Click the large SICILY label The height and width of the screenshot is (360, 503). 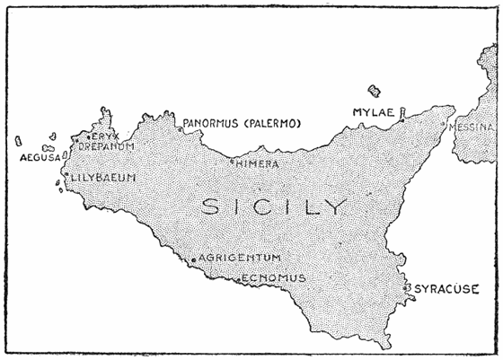pos(274,206)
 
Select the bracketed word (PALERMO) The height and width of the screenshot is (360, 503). pos(275,123)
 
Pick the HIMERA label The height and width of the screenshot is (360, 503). pos(258,164)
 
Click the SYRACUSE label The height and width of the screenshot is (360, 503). pos(446,289)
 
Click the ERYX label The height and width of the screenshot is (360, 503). pos(105,136)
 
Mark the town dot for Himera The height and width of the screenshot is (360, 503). pos(232,162)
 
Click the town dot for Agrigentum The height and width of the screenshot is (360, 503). pos(194,259)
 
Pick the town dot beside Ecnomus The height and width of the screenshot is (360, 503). pos(238,280)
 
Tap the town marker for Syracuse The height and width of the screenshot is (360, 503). pos(410,287)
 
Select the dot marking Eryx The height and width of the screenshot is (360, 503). pos(88,136)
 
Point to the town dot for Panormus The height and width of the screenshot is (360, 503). pos(181,128)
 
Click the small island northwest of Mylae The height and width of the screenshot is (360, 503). pos(374,90)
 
